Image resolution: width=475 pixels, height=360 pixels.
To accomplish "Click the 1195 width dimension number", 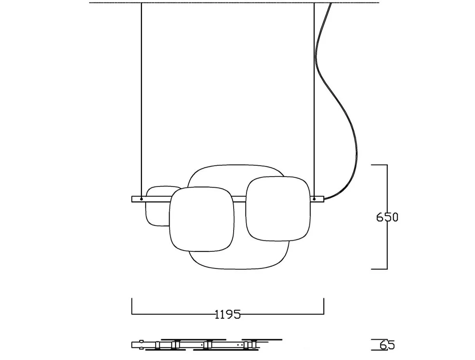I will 227,314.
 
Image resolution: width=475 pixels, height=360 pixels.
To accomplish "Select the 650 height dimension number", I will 387,217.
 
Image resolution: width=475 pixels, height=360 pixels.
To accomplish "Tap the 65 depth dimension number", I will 387,345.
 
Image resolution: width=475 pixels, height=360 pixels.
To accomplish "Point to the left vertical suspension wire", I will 141,98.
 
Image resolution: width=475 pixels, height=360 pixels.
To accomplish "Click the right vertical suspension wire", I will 314,98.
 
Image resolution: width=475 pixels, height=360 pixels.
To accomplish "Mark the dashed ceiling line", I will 235,3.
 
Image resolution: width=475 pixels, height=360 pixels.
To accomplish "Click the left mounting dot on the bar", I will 141,199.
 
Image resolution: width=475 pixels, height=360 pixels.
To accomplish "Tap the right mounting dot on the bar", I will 314,199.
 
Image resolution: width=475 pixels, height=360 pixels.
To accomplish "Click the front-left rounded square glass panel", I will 202,219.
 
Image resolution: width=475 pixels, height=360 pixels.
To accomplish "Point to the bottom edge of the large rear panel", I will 239,269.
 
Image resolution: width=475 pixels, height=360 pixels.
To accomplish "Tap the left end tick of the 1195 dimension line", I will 132,306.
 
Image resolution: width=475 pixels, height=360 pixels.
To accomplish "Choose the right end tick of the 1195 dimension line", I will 324,306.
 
